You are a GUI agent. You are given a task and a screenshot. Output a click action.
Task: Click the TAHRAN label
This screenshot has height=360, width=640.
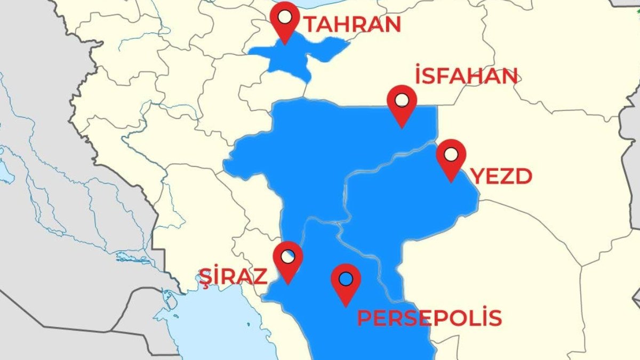tap(351, 25)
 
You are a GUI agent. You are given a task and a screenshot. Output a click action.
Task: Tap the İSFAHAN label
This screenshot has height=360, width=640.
tap(466, 77)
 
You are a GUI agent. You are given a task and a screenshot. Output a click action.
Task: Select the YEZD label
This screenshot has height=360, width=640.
tap(502, 177)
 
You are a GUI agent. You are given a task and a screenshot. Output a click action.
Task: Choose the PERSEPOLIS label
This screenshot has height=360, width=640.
tap(429, 318)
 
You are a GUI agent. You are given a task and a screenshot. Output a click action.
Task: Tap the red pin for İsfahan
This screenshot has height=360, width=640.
tap(402, 103)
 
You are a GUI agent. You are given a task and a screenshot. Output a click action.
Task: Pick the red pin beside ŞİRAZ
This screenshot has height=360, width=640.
tap(287, 260)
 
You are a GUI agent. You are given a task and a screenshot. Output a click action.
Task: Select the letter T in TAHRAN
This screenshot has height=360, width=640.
tap(311, 25)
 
